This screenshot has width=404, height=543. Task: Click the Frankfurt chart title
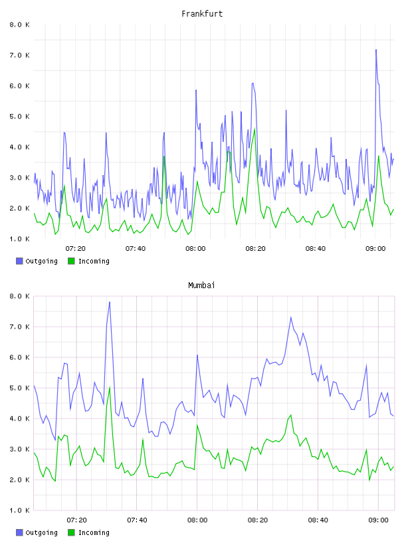click(x=202, y=14)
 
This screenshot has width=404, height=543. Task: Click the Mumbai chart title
click(x=201, y=285)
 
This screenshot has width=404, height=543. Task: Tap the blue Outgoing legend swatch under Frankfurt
click(x=19, y=261)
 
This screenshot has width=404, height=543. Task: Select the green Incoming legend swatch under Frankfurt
click(x=71, y=261)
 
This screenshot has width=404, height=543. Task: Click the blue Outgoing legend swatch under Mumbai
click(x=19, y=532)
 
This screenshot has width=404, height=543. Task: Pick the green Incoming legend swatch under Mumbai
click(x=71, y=532)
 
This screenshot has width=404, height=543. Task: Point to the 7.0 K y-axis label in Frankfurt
click(x=19, y=55)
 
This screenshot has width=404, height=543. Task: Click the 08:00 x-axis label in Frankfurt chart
click(x=195, y=249)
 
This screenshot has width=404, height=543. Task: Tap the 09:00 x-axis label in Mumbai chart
click(x=378, y=520)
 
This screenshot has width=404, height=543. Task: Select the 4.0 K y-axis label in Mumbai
click(x=19, y=419)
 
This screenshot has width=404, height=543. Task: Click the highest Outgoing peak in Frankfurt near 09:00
click(x=376, y=50)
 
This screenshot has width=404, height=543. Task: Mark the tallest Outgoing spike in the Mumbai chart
click(x=110, y=302)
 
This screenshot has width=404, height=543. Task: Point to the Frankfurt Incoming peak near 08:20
click(x=255, y=129)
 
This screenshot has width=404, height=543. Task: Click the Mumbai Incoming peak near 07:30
click(x=110, y=387)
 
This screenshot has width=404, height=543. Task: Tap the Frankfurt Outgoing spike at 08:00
click(x=196, y=90)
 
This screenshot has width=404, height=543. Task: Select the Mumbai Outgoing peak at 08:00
click(x=197, y=355)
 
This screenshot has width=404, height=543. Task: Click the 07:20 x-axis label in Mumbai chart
click(x=77, y=520)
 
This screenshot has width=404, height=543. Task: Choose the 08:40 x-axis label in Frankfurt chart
click(x=316, y=249)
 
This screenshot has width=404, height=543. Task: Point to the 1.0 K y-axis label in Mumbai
click(x=19, y=510)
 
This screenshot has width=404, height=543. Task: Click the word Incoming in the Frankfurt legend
click(x=94, y=261)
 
